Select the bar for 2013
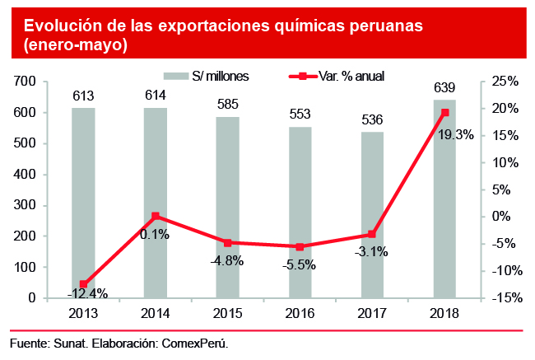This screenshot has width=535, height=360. pyautogui.click(x=83, y=203)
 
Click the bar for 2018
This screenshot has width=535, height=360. pyautogui.click(x=444, y=199)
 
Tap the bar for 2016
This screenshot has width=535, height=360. pyautogui.click(x=300, y=213)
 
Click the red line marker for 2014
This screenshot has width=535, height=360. pyautogui.click(x=156, y=216)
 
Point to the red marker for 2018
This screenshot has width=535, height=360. pyautogui.click(x=444, y=112)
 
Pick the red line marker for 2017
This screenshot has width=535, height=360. pyautogui.click(x=372, y=235)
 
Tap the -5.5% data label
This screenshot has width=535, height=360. pyautogui.click(x=300, y=264)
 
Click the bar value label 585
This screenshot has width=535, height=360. pyautogui.click(x=228, y=106)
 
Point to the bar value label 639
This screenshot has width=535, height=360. pyautogui.click(x=444, y=88)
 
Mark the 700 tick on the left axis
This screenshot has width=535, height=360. pyautogui.click(x=26, y=81)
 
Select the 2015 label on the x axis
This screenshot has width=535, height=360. pyautogui.click(x=228, y=314)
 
